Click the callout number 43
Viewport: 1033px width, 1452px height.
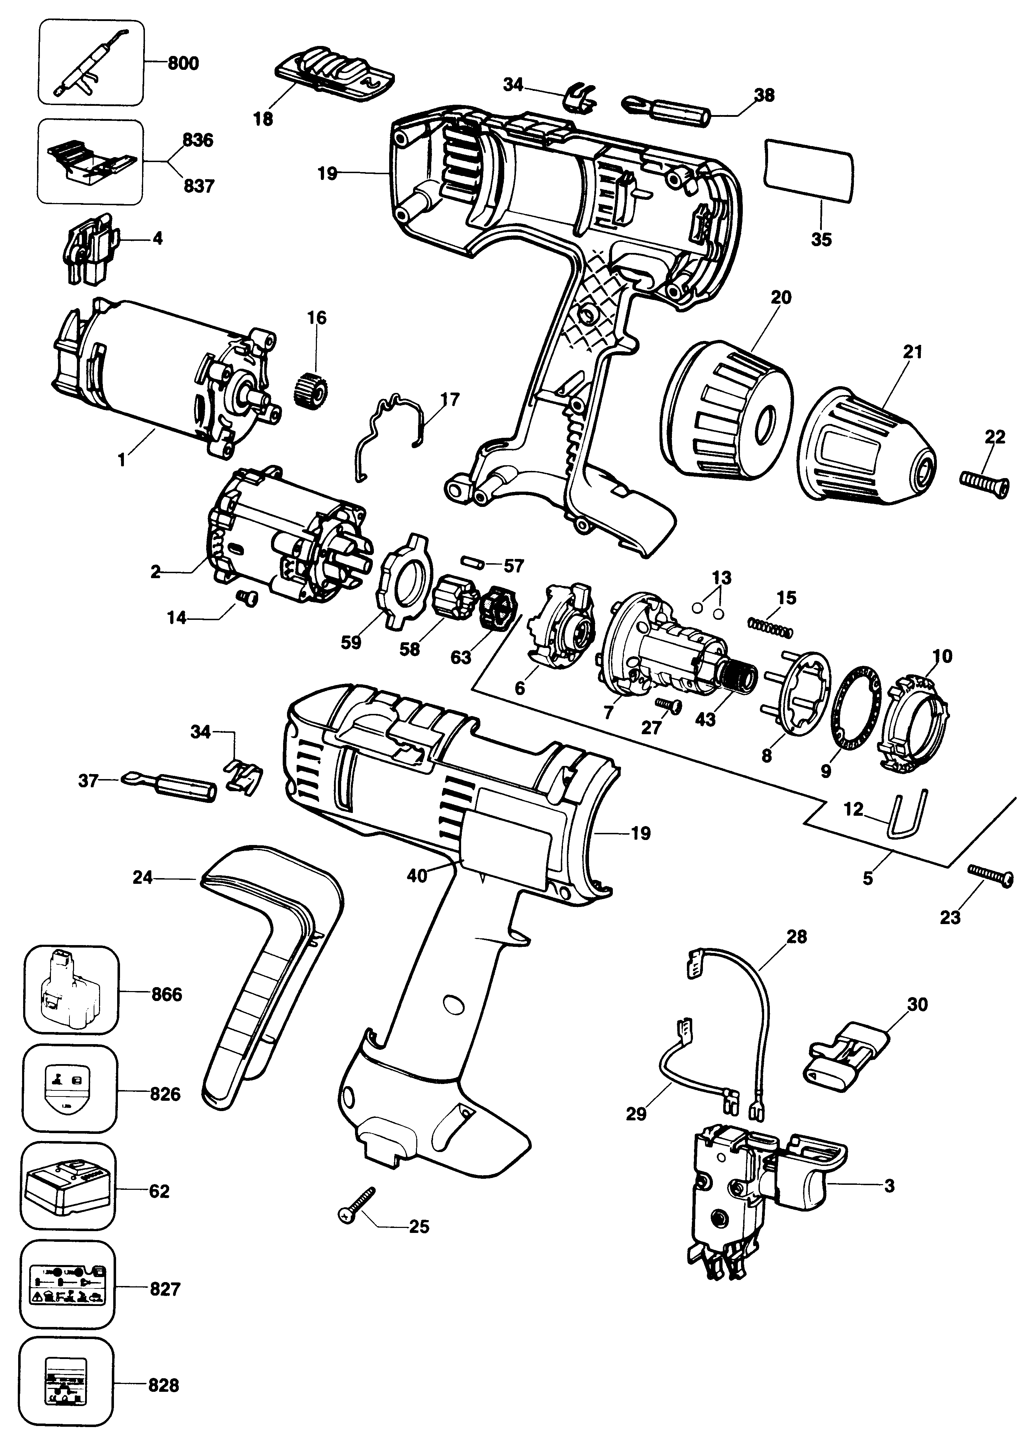(x=705, y=720)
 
